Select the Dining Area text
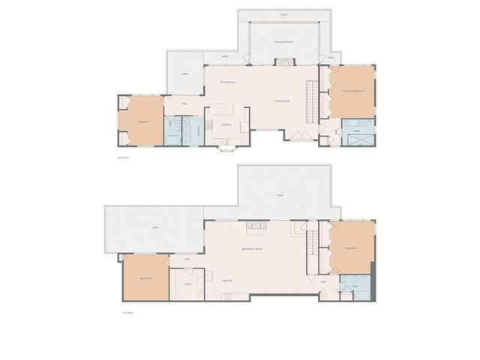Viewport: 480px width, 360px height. click(229, 82)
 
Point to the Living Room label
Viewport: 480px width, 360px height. click(282, 100)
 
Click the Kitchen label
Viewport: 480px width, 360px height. click(226, 124)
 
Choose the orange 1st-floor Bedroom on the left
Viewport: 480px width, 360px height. click(145, 278)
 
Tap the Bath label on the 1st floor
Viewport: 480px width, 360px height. click(355, 286)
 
